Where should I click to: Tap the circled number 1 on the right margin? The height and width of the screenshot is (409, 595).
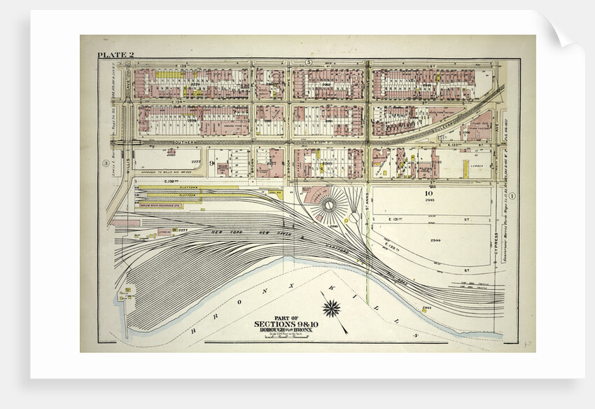(512, 195)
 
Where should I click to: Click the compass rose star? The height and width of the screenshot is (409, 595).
(331, 306)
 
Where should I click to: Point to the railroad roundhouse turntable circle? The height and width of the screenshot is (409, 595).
(327, 207)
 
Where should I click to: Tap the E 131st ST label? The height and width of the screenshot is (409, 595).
(413, 220)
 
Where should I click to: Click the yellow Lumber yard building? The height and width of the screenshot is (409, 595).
(465, 167)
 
